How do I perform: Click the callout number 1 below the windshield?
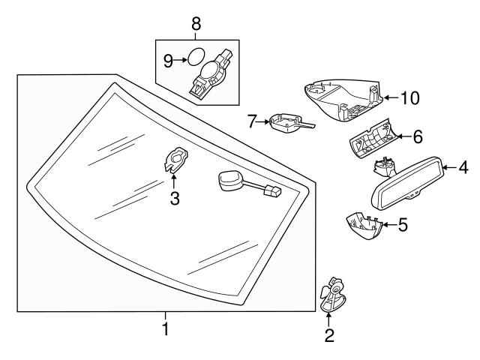(166, 328)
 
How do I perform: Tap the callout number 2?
(328, 336)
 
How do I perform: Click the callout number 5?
(403, 224)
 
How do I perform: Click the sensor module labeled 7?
(286, 123)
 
